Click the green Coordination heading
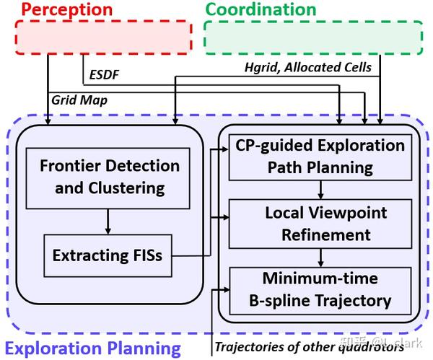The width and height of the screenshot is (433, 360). tap(261, 10)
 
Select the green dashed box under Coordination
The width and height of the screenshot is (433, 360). tap(313, 37)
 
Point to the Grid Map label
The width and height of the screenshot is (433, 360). tap(79, 100)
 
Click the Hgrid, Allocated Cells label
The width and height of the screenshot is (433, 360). tap(308, 67)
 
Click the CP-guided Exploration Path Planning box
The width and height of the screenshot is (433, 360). tap(320, 157)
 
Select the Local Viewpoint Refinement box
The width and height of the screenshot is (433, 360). tap(320, 224)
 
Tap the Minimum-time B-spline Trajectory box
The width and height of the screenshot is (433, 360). tap(320, 289)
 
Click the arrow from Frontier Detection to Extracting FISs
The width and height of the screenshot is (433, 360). tap(107, 221)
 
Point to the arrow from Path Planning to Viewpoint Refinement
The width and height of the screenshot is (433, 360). tap(320, 190)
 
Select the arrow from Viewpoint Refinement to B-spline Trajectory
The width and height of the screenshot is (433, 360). tap(320, 256)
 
